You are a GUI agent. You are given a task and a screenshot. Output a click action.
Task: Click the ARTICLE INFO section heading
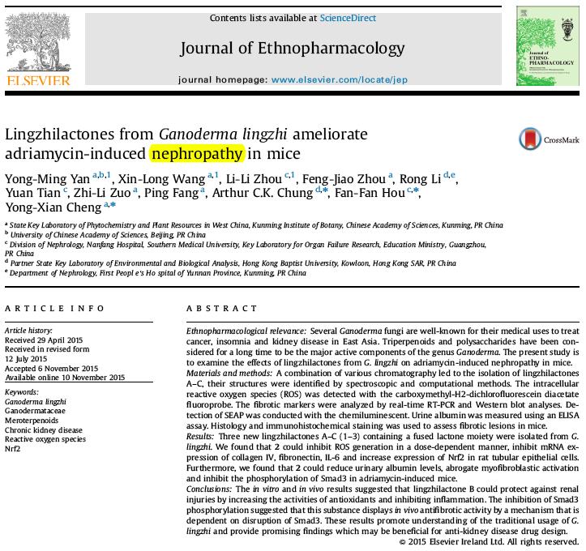pos(54,309)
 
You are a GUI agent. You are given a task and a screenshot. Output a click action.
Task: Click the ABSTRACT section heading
pos(221,309)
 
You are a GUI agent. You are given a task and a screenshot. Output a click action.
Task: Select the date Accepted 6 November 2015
pos(51,368)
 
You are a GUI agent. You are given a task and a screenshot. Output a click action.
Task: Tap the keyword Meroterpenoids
pos(33,421)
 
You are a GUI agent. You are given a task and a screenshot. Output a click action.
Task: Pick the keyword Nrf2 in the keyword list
pos(12,448)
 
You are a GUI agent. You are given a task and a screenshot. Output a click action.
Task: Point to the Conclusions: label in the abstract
pos(210,489)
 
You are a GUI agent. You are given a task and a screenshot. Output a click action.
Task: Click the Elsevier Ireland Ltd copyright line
pos(490,541)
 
